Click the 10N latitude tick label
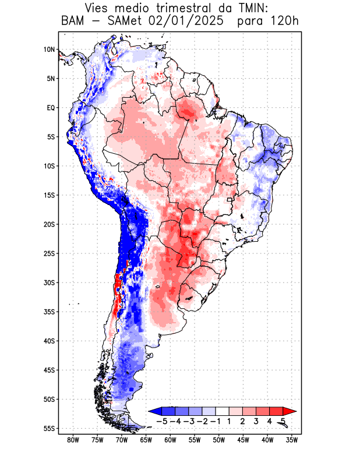pos(49,50)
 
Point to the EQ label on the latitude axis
pos(50,108)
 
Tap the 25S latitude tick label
pos(49,253)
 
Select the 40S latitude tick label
pos(49,341)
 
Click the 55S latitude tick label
pos(49,428)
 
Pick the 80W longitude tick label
pos(73,440)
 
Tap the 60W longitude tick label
pos(170,440)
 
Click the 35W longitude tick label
pos(291,440)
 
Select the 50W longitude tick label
pos(218,440)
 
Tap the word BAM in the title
pos(74,22)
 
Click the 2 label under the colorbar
pos(242,421)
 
